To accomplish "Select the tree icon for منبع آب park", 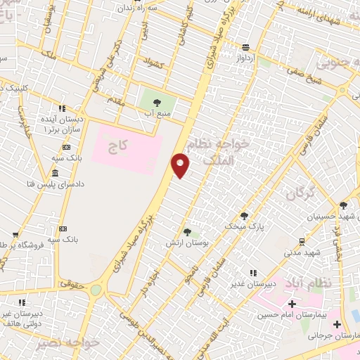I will click(156, 103).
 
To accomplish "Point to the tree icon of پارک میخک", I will click(244, 216).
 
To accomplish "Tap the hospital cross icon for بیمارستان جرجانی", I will click(337, 325).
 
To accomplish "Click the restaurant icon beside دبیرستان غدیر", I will click(252, 272).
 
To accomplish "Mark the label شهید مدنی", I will click(302, 252).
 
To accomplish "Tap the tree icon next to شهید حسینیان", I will click(343, 205).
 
